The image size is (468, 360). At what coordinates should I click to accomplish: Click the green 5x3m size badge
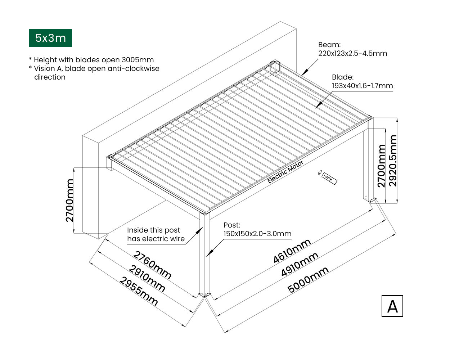(x=50, y=38)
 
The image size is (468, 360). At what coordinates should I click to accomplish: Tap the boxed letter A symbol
(x=392, y=306)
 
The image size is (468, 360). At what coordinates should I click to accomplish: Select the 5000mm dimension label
(x=308, y=280)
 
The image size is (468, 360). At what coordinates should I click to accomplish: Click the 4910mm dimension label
(x=300, y=264)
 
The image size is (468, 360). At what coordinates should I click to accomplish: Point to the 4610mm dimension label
(x=292, y=251)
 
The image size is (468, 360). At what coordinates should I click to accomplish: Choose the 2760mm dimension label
(x=152, y=265)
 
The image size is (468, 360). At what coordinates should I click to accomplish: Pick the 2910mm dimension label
(x=147, y=278)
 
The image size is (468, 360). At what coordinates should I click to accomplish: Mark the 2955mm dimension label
(x=139, y=291)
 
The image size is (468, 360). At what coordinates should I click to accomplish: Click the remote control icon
(x=328, y=177)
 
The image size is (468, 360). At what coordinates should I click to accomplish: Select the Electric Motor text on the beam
(x=285, y=172)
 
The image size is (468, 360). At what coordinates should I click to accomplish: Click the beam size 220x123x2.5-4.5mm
(x=352, y=54)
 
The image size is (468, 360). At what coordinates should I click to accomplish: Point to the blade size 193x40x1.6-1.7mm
(x=362, y=86)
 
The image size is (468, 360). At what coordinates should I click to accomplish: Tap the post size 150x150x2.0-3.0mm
(x=257, y=234)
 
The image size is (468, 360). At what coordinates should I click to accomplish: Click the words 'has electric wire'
(x=156, y=239)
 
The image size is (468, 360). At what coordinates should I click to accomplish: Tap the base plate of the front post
(x=205, y=295)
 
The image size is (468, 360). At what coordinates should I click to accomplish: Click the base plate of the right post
(x=370, y=199)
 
